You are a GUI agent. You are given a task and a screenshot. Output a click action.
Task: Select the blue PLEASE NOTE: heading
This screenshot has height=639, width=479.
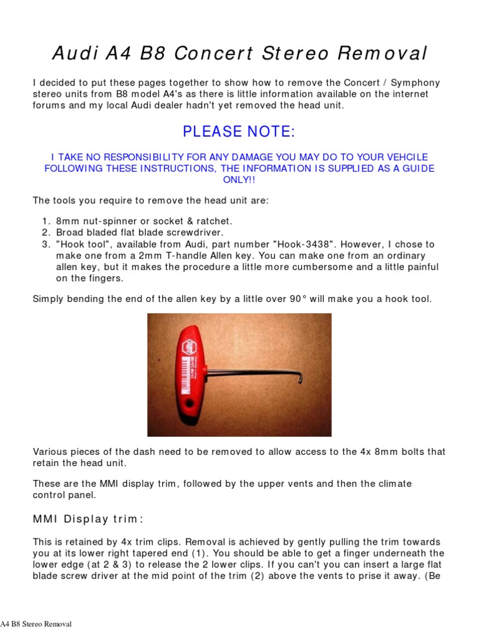[x=239, y=132]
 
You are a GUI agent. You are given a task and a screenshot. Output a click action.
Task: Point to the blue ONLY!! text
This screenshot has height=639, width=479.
[x=239, y=180]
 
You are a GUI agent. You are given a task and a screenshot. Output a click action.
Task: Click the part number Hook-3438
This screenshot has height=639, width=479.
[x=307, y=244]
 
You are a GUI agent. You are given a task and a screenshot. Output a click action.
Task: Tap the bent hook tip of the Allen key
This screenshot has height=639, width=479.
[x=301, y=377]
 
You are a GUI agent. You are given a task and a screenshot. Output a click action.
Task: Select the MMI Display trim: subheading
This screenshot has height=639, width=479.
[x=88, y=519]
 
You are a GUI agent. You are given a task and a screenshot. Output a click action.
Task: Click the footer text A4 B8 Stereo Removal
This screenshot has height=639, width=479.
[x=36, y=624]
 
